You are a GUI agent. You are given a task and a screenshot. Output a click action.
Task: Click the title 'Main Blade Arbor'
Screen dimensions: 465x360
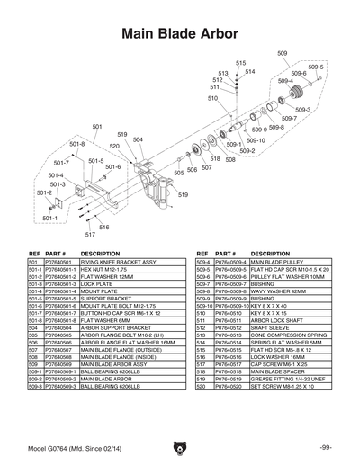(180, 34)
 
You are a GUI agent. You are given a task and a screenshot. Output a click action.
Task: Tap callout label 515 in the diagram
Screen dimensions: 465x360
(241, 63)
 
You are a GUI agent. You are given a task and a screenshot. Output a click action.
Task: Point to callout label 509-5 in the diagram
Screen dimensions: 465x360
(315, 67)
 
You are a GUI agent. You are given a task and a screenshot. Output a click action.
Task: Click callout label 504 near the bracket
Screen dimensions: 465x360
(138, 139)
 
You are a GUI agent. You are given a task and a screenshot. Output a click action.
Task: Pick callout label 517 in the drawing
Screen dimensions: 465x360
(90, 234)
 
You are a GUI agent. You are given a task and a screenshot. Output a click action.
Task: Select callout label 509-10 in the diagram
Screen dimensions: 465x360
(256, 140)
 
